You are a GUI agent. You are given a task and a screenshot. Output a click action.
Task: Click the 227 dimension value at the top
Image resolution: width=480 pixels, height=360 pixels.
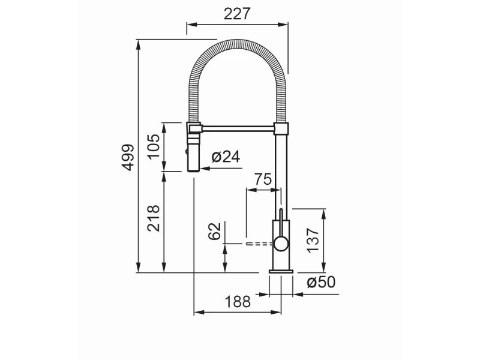237,14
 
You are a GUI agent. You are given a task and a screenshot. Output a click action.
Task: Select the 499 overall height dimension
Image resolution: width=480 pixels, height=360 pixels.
128,157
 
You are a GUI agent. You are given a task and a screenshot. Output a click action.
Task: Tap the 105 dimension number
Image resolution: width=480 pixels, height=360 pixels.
154,146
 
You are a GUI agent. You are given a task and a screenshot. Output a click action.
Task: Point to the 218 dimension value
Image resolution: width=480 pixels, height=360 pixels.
154,218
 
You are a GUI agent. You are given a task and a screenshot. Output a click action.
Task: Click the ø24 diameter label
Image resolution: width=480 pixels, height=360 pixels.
226,157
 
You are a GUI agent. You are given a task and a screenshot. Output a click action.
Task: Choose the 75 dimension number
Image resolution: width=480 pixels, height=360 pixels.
263,179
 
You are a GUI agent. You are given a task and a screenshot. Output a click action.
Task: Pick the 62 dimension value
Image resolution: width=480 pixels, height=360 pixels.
214,232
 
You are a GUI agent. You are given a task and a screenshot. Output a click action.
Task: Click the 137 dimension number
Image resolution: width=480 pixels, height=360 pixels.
313,241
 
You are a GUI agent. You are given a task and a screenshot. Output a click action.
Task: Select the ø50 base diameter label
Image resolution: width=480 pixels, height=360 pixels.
321,282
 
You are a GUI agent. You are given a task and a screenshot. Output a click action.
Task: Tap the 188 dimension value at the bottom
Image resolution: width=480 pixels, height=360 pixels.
238,302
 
